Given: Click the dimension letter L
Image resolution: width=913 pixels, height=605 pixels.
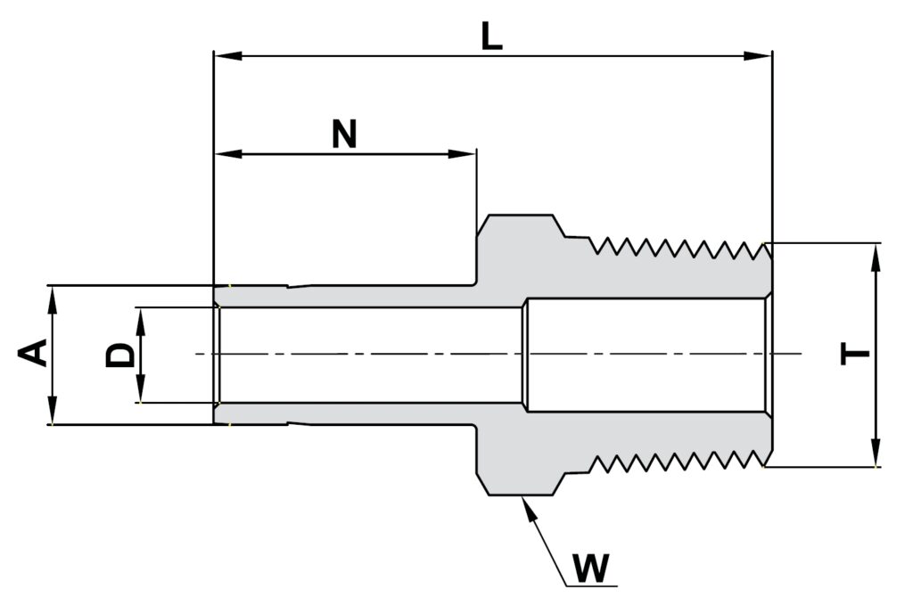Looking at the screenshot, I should pos(491,37).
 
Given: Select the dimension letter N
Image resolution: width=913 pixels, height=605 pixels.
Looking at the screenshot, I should pos(344,135).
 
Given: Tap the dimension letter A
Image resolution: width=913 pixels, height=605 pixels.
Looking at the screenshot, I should pos(33,353).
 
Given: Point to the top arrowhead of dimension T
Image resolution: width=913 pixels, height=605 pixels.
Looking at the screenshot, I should pos(876,254).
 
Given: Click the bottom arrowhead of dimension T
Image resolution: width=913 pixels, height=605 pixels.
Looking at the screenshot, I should pos(876,454).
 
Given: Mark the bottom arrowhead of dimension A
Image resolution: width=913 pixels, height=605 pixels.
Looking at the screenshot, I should pos(53,413).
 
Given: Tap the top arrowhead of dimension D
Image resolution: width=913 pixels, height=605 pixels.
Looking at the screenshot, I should pos(140,319).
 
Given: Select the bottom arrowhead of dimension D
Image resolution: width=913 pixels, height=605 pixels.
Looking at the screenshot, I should pos(140,391).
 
